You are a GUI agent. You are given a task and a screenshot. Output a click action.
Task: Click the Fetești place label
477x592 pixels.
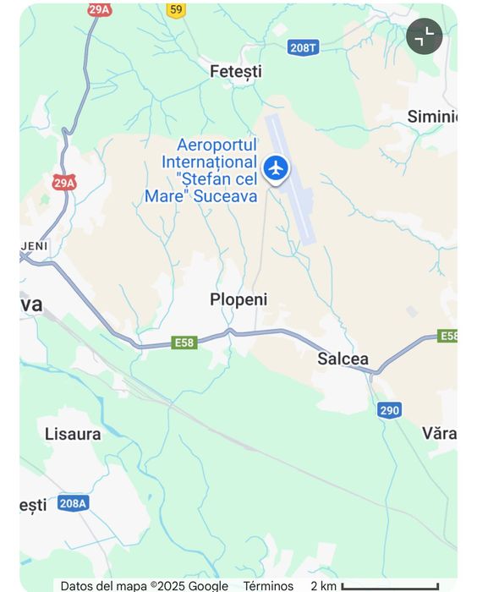pyautogui.click(x=236, y=72)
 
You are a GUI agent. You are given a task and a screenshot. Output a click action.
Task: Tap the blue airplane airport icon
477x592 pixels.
pyautogui.click(x=276, y=168)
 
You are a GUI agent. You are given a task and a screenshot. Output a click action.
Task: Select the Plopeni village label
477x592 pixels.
pyautogui.click(x=238, y=299)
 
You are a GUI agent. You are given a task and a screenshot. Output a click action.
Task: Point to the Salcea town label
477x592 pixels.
pyautogui.click(x=343, y=359)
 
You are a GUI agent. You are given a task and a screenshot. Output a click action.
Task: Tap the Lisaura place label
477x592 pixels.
pyautogui.click(x=73, y=434)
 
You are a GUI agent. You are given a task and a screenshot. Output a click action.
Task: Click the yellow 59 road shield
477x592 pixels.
pyautogui.click(x=175, y=9)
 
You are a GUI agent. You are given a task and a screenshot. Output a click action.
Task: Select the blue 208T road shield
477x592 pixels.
pyautogui.click(x=303, y=47)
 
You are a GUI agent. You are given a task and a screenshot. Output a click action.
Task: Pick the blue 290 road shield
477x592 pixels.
pyautogui.click(x=389, y=410)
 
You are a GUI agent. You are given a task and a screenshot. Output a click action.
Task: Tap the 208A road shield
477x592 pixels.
pyautogui.click(x=73, y=503)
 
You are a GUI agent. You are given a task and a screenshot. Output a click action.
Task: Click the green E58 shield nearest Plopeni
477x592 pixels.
pyautogui.click(x=184, y=342)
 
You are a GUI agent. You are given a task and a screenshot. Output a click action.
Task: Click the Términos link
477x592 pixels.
pyautogui.click(x=268, y=585)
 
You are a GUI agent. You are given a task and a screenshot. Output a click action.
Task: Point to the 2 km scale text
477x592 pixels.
pyautogui.click(x=323, y=585)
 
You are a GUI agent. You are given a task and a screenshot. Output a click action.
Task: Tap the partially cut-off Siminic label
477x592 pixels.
pyautogui.click(x=431, y=117)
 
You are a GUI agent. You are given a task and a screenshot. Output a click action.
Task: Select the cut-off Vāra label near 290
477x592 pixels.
pyautogui.click(x=439, y=434)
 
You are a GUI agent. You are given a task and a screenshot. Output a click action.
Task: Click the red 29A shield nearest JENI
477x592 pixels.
pyautogui.click(x=64, y=182)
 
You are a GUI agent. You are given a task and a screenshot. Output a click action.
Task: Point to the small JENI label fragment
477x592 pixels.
pyautogui.click(x=35, y=245)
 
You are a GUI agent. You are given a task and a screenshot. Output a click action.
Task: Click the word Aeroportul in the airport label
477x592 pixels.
pyautogui.click(x=216, y=145)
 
